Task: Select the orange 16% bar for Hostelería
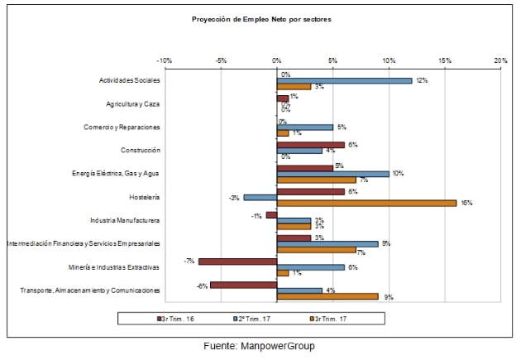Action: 366,202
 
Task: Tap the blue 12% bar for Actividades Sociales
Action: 344,80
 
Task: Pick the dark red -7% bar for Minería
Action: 237,261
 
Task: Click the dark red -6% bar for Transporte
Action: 243,284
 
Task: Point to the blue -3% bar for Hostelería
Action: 260,197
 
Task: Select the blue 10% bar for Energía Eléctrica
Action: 333,174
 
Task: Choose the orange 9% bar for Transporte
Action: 327,295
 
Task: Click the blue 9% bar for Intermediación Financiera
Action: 327,243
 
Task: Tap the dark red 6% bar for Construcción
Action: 311,144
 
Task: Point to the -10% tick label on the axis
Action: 165,60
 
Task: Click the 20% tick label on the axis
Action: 499,60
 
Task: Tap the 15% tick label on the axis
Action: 444,60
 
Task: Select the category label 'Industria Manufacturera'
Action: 125,220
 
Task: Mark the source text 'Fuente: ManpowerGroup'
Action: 260,346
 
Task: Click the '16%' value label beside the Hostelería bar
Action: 466,203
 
